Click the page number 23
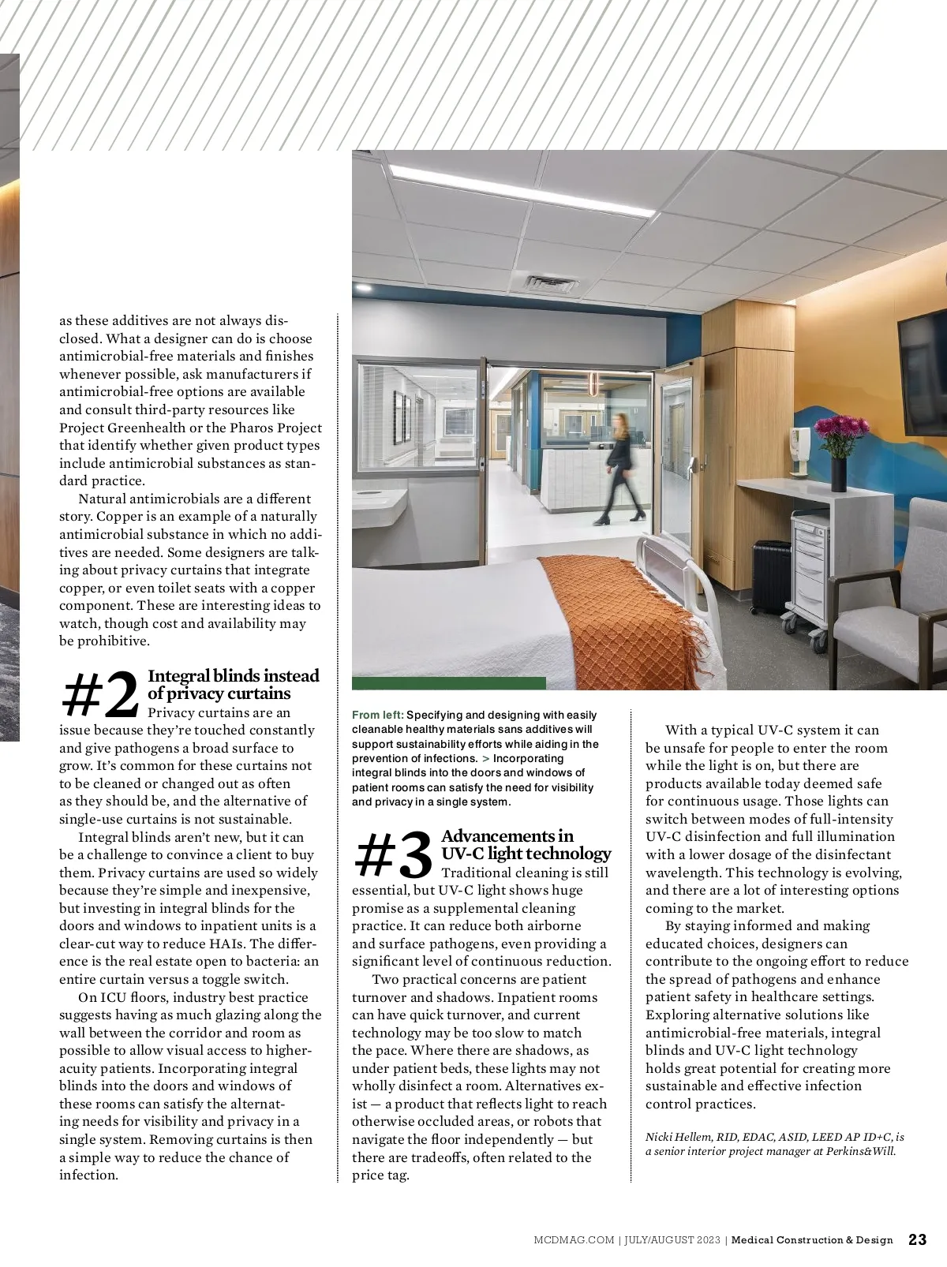pyautogui.click(x=918, y=1239)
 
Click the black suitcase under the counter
pyautogui.click(x=769, y=576)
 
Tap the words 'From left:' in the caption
pyautogui.click(x=377, y=715)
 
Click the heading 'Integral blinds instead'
pyautogui.click(x=234, y=676)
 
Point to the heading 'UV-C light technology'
pyautogui.click(x=526, y=854)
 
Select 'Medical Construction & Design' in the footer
pyautogui.click(x=812, y=1240)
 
